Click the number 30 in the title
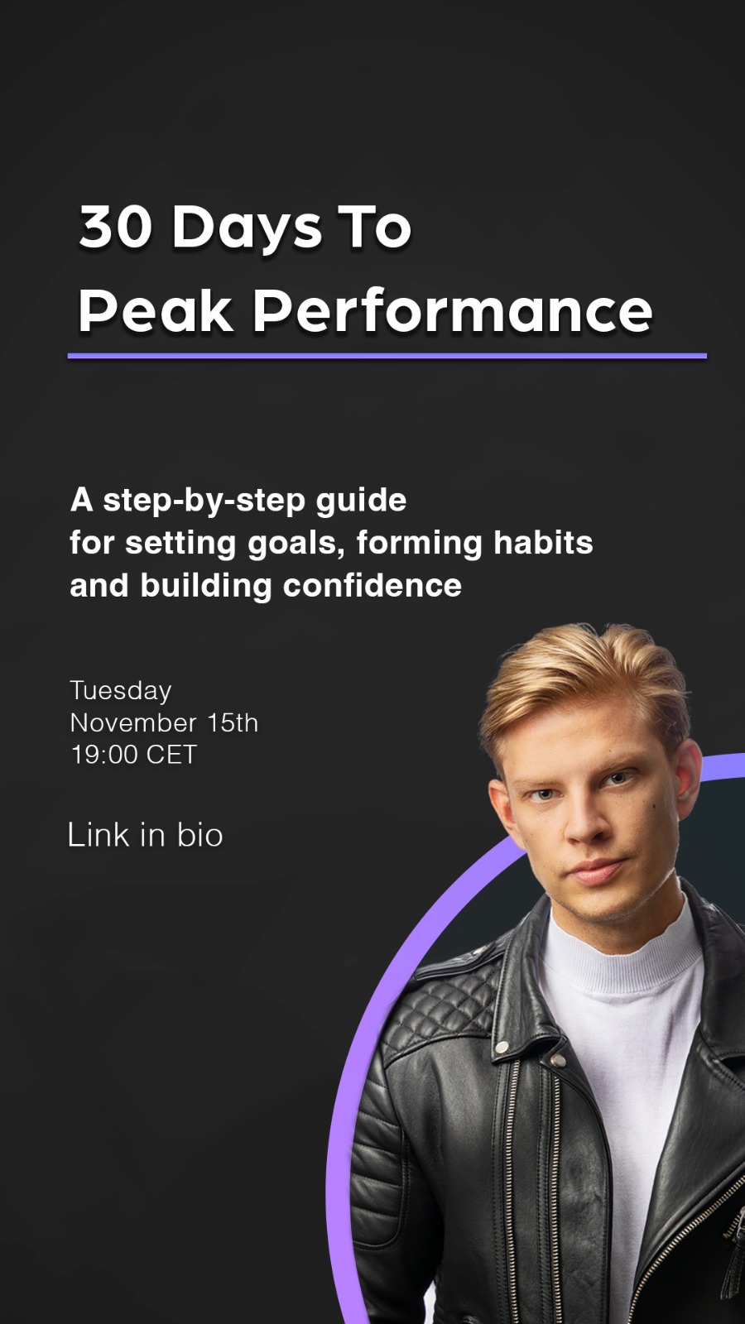tap(115, 227)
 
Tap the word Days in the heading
tap(248, 231)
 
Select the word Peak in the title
tap(156, 310)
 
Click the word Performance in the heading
tap(453, 310)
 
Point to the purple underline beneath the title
tap(387, 356)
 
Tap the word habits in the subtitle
tap(543, 542)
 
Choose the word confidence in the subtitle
tap(372, 585)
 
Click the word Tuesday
tap(121, 691)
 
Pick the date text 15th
tap(233, 723)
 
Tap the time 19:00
tap(103, 755)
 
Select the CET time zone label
tap(171, 755)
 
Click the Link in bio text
tap(145, 835)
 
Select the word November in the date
tap(133, 723)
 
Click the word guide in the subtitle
tap(361, 502)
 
